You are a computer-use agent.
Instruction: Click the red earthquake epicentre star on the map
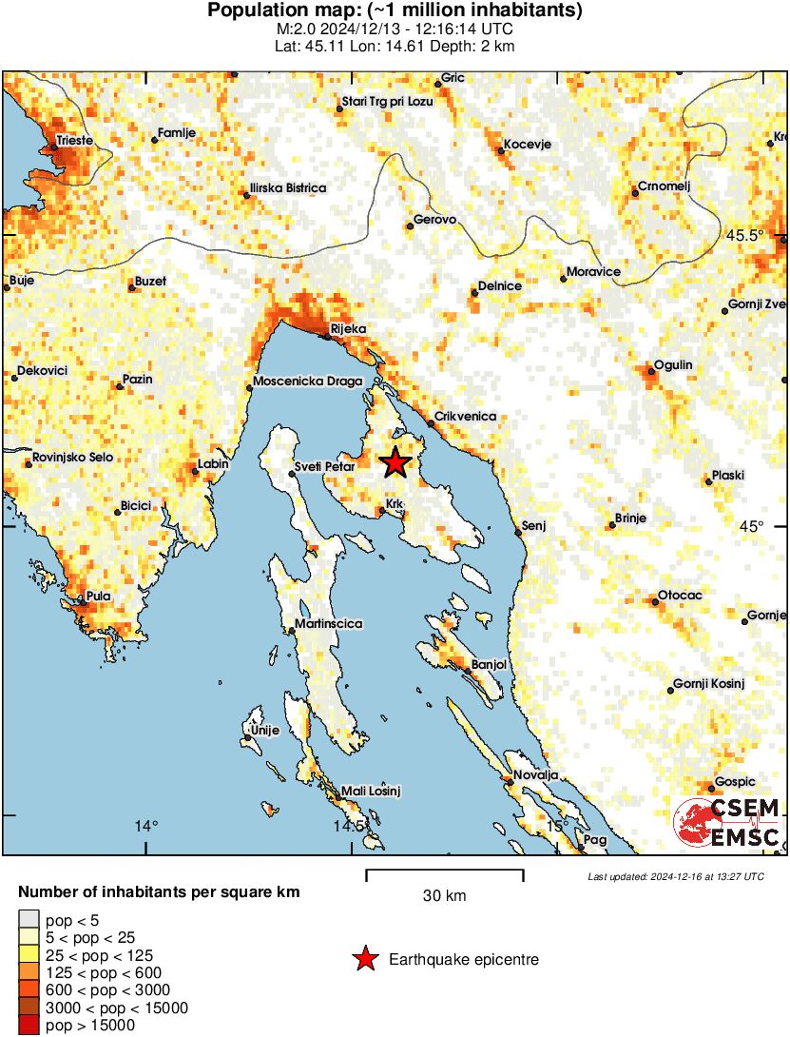pos(395,463)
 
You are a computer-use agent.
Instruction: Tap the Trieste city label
pos(74,140)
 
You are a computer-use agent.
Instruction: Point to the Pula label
pos(98,597)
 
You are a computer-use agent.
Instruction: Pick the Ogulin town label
pos(673,365)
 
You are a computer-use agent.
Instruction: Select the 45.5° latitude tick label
pos(744,235)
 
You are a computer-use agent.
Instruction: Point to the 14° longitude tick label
pos(145,826)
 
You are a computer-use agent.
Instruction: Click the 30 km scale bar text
pos(444,895)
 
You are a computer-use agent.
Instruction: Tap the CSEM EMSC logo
pos(727,823)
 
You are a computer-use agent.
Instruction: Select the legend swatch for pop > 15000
pos(28,1025)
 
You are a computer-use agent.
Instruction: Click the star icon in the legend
pos(363,960)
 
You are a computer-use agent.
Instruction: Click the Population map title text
pos(395,11)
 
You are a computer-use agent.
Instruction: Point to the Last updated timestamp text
pos(676,876)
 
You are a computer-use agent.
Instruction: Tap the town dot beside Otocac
pos(655,599)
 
